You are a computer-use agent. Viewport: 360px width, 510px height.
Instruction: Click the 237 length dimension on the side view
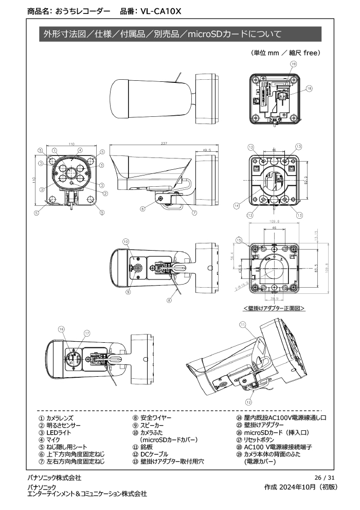click(x=164, y=143)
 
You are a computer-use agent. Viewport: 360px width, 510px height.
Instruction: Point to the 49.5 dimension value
click(x=207, y=150)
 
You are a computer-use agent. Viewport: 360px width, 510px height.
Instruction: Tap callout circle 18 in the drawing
click(x=309, y=89)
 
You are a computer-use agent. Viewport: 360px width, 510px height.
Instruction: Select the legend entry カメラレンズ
click(x=56, y=418)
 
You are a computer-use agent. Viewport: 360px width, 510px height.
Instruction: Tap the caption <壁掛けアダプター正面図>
click(x=274, y=308)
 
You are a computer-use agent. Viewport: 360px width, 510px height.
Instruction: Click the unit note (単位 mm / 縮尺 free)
click(x=285, y=52)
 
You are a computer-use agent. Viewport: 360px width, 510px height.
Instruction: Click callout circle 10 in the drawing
click(x=125, y=242)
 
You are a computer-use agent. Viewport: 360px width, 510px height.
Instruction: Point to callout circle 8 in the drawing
click(x=168, y=299)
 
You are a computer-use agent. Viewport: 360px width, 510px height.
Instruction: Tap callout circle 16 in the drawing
click(x=61, y=329)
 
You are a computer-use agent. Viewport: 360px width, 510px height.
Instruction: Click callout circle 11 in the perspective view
click(x=243, y=324)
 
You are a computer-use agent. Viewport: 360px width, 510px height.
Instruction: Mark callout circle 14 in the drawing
click(x=237, y=205)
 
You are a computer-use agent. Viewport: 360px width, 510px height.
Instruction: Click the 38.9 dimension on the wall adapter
click(x=274, y=298)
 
